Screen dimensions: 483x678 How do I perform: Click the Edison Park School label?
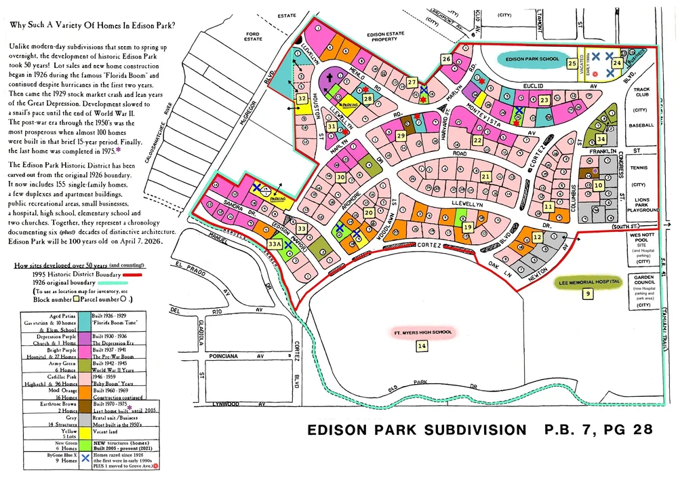(x=532, y=59)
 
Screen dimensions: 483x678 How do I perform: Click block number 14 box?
(x=422, y=346)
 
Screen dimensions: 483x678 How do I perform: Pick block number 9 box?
(x=587, y=294)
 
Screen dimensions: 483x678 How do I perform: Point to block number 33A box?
(x=274, y=243)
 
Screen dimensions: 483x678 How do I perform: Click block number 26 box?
(x=446, y=60)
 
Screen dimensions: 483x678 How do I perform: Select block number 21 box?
(x=485, y=176)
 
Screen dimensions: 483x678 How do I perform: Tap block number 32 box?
(x=301, y=99)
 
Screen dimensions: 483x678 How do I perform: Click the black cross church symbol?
(x=330, y=78)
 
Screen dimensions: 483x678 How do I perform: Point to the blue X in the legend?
(x=85, y=458)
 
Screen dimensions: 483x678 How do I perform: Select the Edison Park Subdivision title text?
(x=416, y=430)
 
